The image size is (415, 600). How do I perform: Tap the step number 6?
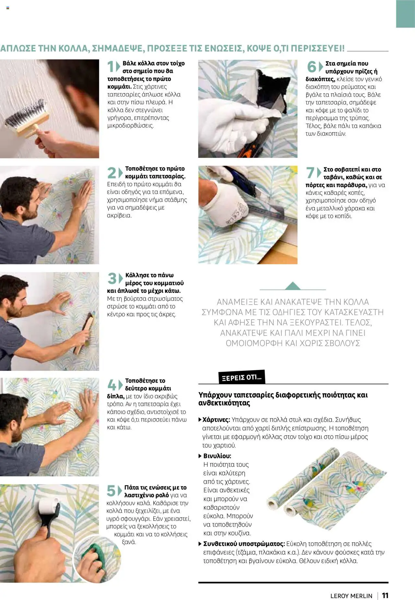click(x=311, y=67)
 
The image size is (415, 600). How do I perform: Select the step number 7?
click(x=310, y=173)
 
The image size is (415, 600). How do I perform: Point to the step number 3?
click(x=112, y=279)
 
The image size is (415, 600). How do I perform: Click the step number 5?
click(x=111, y=491)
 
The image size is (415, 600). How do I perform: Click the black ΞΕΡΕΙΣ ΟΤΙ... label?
click(x=242, y=378)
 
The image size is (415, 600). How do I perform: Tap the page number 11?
click(x=385, y=595)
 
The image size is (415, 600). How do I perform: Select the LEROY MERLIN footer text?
click(x=351, y=596)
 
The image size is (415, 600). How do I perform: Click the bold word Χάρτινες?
click(x=216, y=420)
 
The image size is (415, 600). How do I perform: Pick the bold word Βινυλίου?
click(x=217, y=456)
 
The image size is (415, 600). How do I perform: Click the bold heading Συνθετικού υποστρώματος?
click(x=244, y=544)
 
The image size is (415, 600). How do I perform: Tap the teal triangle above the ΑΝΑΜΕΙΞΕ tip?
click(x=293, y=286)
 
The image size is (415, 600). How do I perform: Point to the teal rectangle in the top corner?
click(x=405, y=14)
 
